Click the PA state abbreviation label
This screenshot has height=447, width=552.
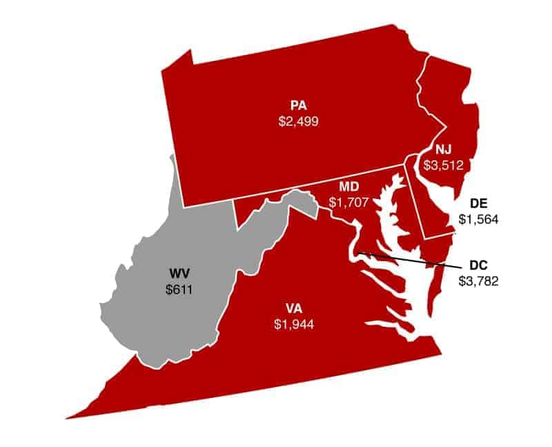[x=299, y=106]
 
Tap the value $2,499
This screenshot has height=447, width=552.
[x=298, y=121]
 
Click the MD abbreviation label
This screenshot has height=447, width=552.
[x=348, y=187]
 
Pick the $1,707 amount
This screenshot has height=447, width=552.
[x=348, y=202]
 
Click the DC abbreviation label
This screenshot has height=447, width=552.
[x=478, y=265]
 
